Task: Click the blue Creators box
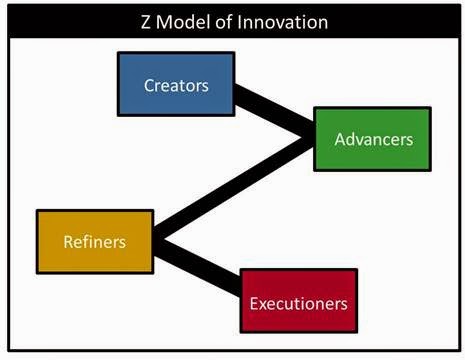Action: coord(176,84)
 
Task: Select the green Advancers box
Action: coord(372,139)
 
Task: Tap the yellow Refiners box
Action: coord(95,242)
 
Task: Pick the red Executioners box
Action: coord(299,301)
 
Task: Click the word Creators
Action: coord(176,86)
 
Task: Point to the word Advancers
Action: coord(374,139)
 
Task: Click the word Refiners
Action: coord(95,242)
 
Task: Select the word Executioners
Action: coord(299,304)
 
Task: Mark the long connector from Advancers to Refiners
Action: coord(233,187)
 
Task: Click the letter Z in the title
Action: coord(146,23)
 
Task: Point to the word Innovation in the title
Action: coord(283,22)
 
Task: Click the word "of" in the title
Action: coord(224,22)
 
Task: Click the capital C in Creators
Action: coord(149,86)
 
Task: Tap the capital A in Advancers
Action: coord(340,139)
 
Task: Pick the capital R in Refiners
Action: coord(68,242)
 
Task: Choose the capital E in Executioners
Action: coord(253,304)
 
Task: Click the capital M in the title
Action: coord(163,23)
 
